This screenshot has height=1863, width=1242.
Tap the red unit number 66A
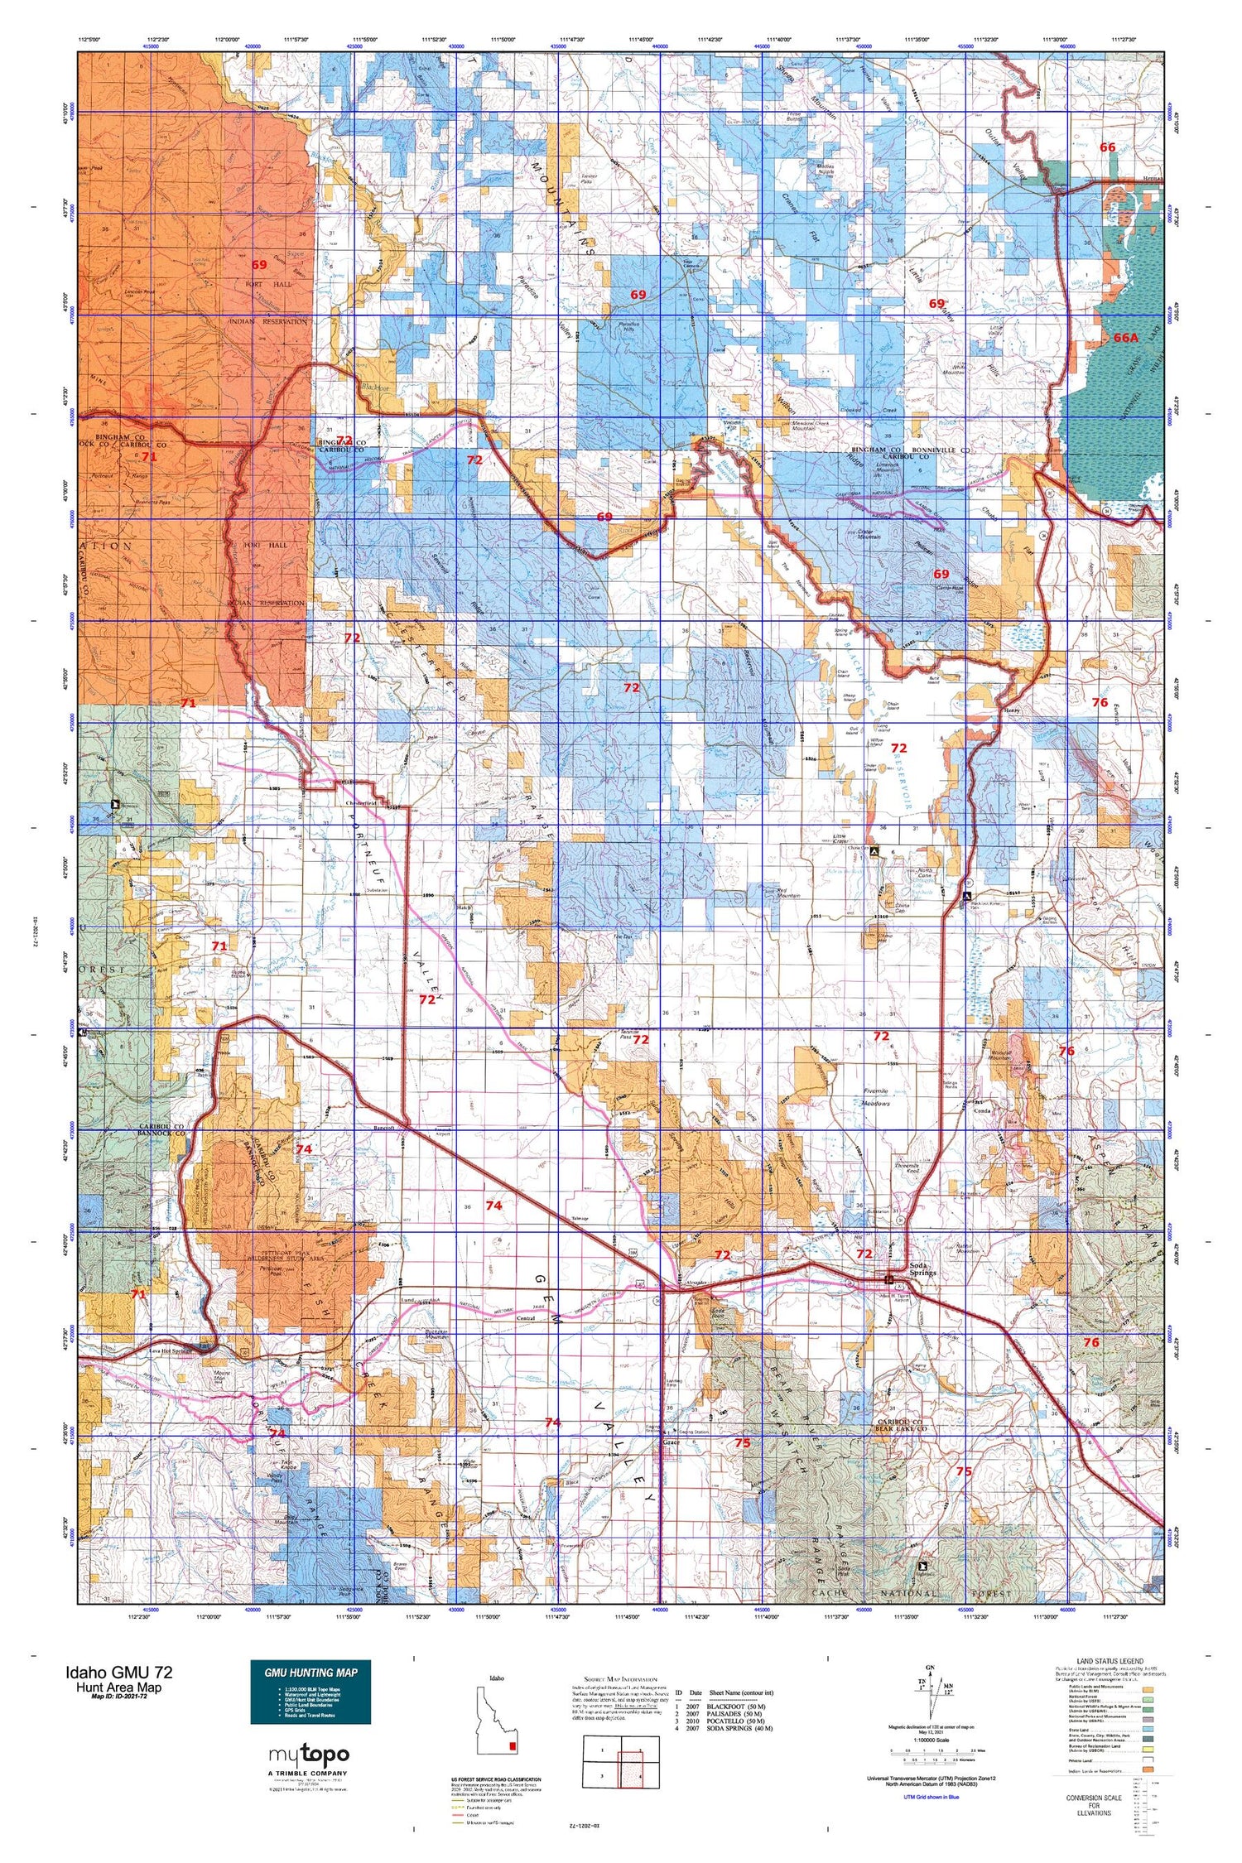[1125, 338]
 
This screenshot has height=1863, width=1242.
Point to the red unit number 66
[1107, 147]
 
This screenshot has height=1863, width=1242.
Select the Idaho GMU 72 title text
[119, 1672]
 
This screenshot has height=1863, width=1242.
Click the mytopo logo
[309, 1754]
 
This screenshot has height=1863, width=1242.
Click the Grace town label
[671, 1442]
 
